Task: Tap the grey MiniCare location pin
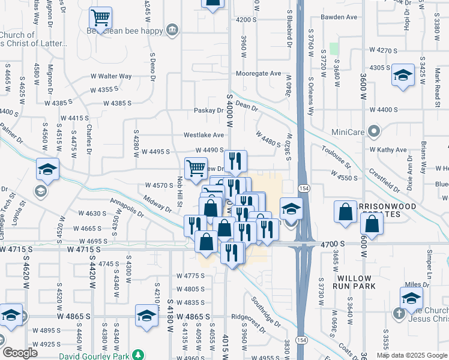click(x=375, y=131)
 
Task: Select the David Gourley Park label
click(x=100, y=356)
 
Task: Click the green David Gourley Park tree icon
click(x=139, y=356)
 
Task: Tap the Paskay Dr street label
click(x=208, y=110)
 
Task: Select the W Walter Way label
click(x=111, y=76)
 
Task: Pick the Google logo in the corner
click(x=20, y=353)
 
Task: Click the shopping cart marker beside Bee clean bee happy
click(x=100, y=17)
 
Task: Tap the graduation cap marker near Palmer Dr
click(x=47, y=170)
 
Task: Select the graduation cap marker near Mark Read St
click(x=403, y=76)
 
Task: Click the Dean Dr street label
click(x=246, y=106)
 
